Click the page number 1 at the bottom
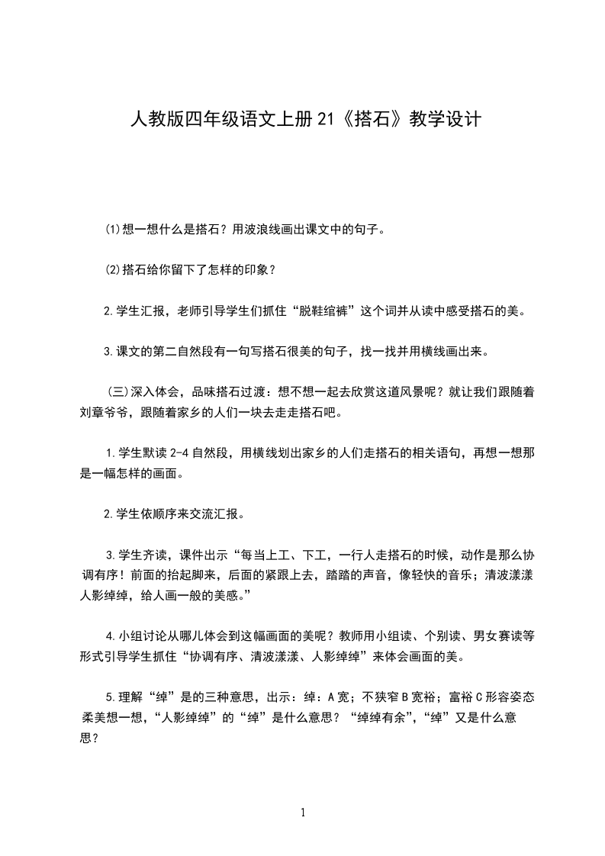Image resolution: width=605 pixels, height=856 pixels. (303, 813)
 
